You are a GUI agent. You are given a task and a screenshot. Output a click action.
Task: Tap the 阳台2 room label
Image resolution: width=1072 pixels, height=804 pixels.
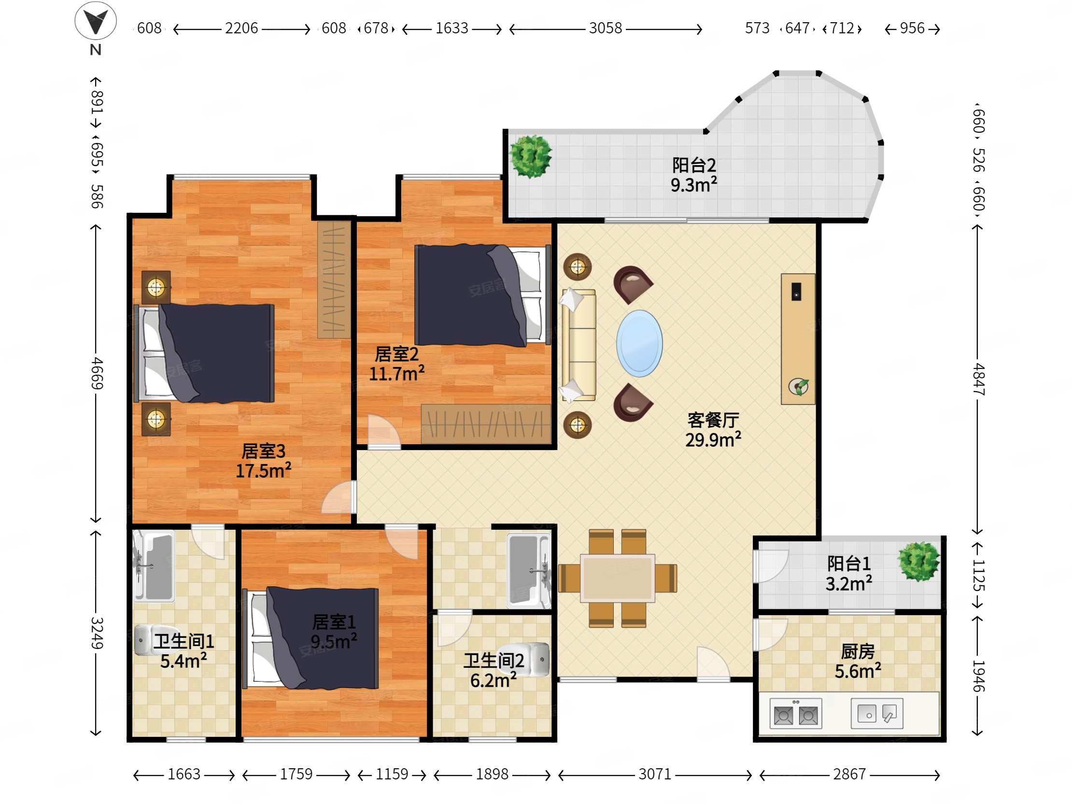tap(693, 165)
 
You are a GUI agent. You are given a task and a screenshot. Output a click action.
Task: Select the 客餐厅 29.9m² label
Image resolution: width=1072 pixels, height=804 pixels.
tap(713, 430)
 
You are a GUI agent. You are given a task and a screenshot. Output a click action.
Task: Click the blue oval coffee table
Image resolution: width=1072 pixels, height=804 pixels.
tap(639, 343)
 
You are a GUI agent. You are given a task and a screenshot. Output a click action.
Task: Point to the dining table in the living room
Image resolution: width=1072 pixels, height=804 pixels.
tap(618, 578)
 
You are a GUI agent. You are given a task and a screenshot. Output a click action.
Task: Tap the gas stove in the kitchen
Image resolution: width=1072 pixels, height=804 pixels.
tap(796, 713)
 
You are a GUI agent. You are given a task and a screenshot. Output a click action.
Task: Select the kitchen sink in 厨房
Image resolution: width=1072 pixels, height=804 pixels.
tap(877, 713)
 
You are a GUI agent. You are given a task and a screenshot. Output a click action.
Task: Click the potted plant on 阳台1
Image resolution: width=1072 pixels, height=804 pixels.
tap(918, 562)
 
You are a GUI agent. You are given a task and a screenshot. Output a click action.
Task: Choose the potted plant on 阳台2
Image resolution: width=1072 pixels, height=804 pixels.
tap(530, 156)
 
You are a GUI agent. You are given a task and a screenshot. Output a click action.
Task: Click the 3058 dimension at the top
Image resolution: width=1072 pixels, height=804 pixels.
tap(606, 28)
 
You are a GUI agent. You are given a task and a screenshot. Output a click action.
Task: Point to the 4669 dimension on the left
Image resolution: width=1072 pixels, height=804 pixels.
tap(97, 373)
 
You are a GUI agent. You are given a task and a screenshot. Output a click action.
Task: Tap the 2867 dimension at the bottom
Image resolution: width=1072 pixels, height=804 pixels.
tap(849, 774)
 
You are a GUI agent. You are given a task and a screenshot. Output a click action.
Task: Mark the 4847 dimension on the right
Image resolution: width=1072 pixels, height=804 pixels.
tap(978, 379)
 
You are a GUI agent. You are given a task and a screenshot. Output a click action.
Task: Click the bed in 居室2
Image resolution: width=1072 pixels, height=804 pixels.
tap(483, 295)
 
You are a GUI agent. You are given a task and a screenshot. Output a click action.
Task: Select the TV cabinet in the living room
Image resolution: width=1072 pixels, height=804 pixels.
tap(798, 339)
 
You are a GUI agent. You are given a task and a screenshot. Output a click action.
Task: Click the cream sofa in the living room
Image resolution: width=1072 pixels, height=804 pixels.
tap(578, 345)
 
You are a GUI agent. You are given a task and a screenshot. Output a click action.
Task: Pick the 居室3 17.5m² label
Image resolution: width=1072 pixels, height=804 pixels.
tap(263, 461)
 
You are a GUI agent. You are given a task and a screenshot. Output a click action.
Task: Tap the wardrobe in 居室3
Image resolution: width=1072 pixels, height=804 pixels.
tap(334, 280)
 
